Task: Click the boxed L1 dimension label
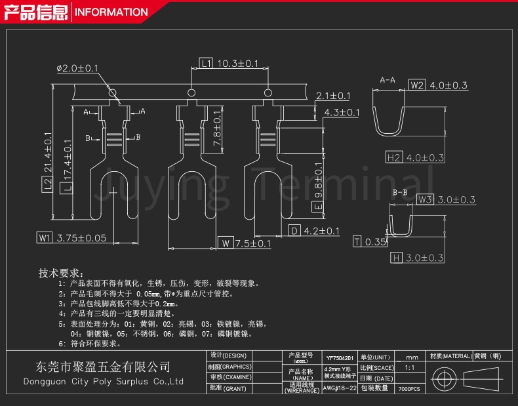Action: click(x=206, y=64)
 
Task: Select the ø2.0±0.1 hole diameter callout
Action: click(x=77, y=68)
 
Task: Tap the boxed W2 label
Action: click(x=417, y=85)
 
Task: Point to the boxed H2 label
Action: click(x=393, y=157)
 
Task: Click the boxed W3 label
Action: click(x=425, y=199)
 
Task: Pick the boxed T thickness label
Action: click(x=357, y=242)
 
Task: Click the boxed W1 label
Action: click(x=45, y=238)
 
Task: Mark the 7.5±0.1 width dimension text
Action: click(x=252, y=243)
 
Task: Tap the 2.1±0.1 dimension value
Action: click(x=333, y=96)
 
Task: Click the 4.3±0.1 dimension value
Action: click(x=342, y=113)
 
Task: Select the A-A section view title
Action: click(x=388, y=80)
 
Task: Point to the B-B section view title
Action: click(x=400, y=192)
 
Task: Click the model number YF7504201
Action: click(x=340, y=358)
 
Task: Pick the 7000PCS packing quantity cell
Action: click(x=410, y=388)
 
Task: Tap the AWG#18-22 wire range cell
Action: click(x=340, y=388)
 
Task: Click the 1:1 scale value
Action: click(x=410, y=368)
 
